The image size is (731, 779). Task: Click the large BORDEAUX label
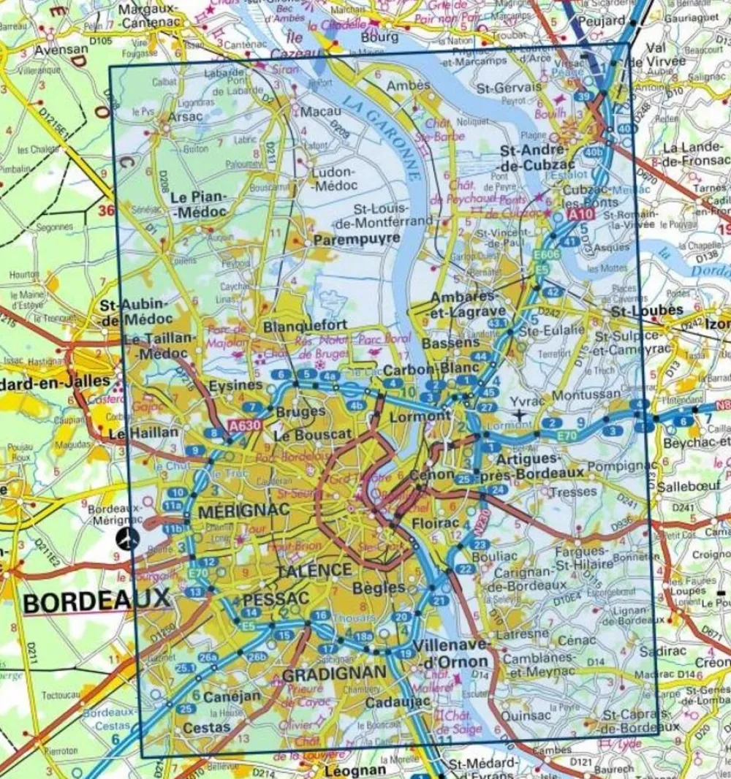pos(96,601)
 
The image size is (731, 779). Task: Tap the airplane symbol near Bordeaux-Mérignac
pos(129,539)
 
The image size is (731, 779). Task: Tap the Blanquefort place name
pos(294,326)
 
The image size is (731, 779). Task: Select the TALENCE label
pos(314,570)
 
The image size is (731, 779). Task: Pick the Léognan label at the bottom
pos(356,770)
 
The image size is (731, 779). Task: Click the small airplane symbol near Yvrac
pos(520,415)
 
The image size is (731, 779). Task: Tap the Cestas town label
pos(206,727)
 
